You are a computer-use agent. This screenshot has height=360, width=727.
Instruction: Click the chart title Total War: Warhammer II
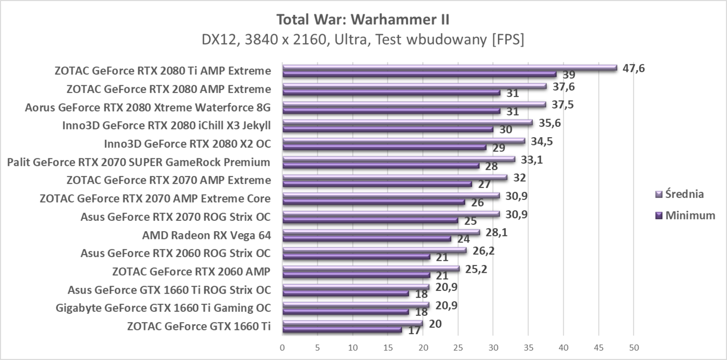pos(363,20)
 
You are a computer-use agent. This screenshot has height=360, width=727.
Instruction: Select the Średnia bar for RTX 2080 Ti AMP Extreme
pos(449,68)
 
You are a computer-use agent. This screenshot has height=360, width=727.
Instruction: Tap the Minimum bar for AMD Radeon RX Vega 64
pos(367,239)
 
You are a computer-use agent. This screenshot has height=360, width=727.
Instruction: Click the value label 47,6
pos(634,68)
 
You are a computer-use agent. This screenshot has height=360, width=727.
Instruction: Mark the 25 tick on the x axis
pos(457,346)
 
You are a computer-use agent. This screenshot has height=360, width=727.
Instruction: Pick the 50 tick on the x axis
pos(633,346)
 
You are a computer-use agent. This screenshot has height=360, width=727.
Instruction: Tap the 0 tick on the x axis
pos(282,346)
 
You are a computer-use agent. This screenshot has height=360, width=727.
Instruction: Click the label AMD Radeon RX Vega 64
pos(206,235)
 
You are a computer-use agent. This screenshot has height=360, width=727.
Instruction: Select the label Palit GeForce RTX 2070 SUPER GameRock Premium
pos(139,162)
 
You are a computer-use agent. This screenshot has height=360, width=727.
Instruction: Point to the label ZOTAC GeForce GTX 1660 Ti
pos(198,326)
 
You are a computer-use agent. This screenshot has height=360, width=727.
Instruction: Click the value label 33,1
pos(532,159)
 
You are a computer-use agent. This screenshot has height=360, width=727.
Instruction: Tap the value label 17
pos(414,330)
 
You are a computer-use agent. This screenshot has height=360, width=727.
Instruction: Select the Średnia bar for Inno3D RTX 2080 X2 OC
pos(403,141)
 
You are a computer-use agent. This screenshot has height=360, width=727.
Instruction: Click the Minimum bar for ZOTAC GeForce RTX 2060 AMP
pos(356,275)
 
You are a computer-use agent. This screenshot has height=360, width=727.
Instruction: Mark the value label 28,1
pos(496,232)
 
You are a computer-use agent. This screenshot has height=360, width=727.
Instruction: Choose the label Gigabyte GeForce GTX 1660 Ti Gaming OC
pos(163,308)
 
